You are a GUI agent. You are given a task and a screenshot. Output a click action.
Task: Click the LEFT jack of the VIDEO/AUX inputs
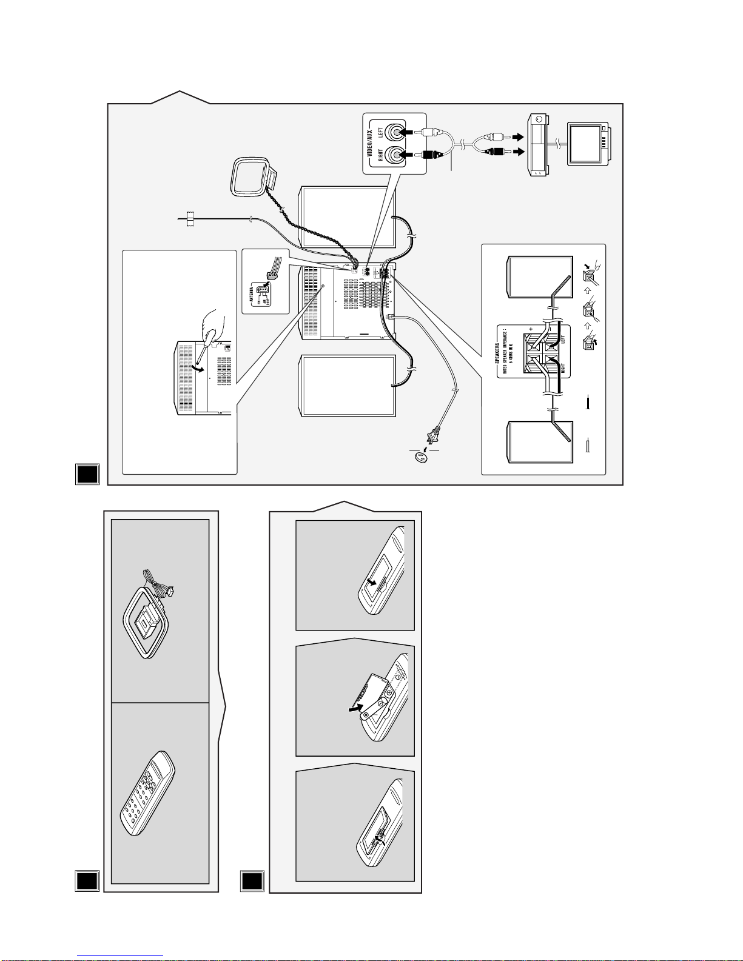(x=397, y=132)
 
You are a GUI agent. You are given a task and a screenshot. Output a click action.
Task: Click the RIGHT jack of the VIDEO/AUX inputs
(x=397, y=155)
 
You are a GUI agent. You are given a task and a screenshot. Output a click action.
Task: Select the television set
(x=589, y=143)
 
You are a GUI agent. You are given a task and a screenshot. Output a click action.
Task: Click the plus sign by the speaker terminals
(x=531, y=330)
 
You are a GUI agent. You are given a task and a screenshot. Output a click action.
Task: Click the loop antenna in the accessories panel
(x=147, y=621)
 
